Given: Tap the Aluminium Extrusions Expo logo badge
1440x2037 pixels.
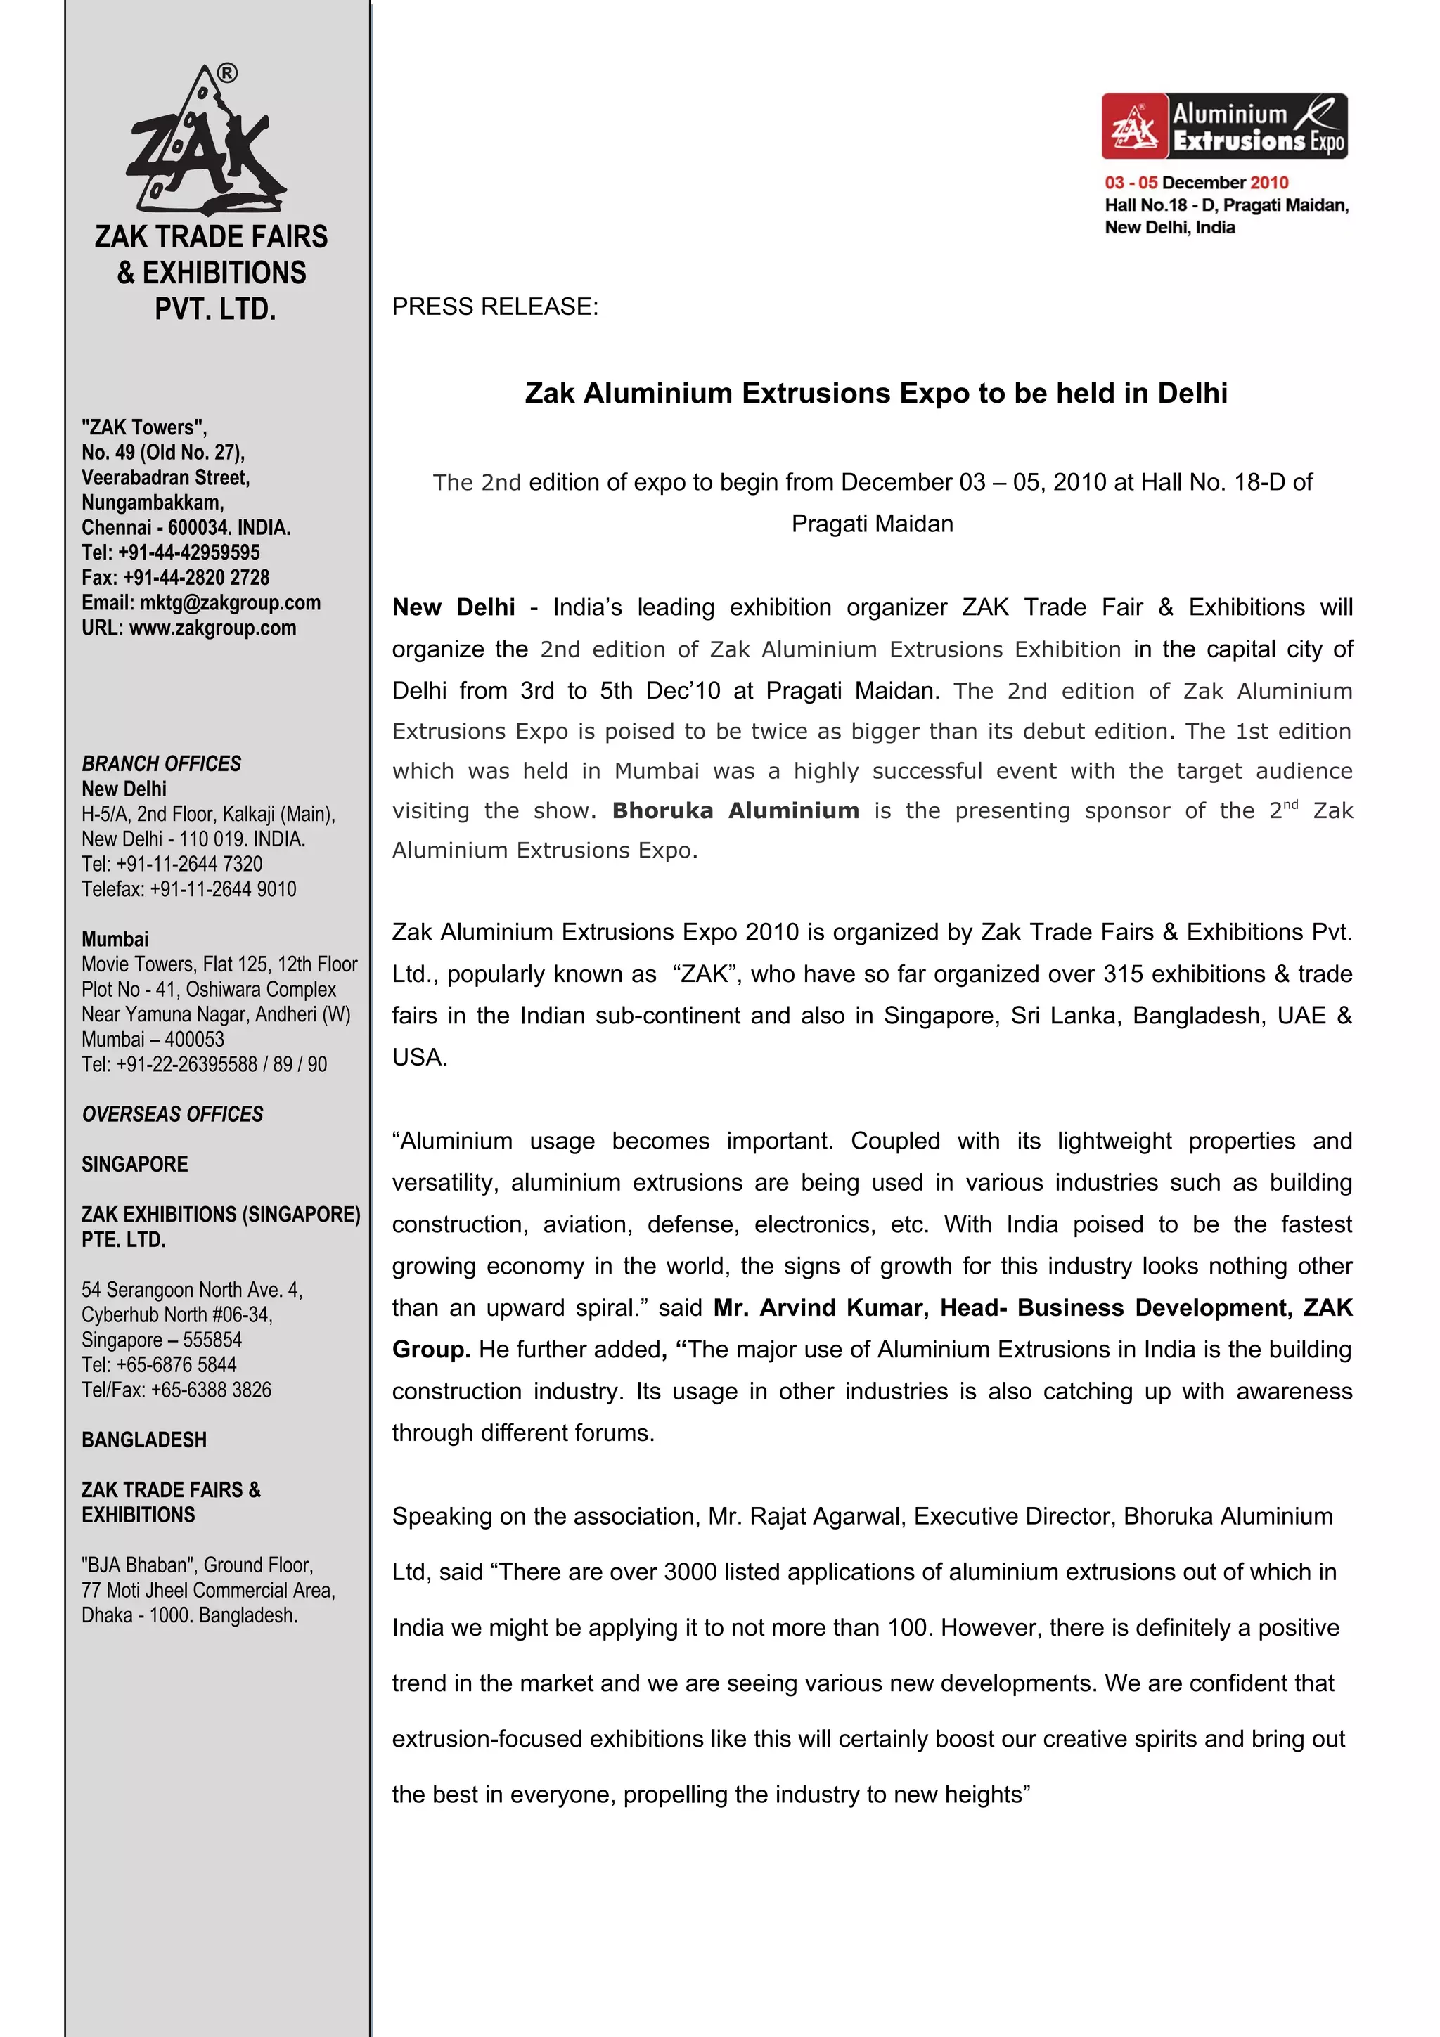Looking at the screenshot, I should click(1224, 126).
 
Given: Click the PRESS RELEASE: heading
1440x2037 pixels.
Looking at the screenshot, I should click(495, 307).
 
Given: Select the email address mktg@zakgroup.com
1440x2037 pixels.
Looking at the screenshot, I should click(230, 603).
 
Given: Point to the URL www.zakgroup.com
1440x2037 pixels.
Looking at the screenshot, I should click(212, 628).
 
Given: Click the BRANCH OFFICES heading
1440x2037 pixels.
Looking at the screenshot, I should click(162, 764).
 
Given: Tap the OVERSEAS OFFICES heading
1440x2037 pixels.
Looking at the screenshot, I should click(172, 1114).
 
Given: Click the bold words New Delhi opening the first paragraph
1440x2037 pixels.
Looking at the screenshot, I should click(454, 608).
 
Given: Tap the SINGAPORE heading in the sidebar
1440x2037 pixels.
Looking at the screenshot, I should click(135, 1165).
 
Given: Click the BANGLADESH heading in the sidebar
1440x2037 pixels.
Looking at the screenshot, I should click(143, 1440).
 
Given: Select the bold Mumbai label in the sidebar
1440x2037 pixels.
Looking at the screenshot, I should click(115, 940).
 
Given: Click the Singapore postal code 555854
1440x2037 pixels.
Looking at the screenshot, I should click(212, 1340).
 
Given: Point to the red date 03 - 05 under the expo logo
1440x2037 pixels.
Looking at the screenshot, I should click(1131, 183).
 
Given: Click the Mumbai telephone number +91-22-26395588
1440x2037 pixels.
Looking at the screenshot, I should click(186, 1065).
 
